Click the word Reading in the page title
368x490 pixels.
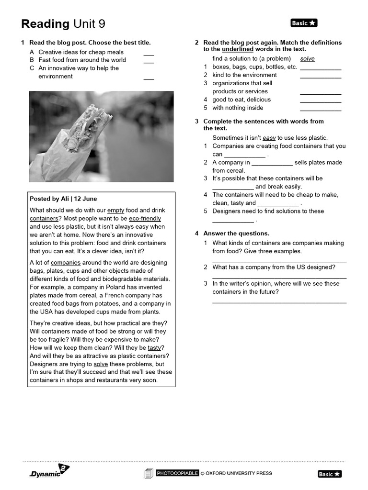46,24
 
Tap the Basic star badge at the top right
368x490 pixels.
304,23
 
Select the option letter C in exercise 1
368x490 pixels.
32,68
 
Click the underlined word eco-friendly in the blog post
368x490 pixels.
145,218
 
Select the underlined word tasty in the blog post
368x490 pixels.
154,347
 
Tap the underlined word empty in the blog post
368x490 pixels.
115,210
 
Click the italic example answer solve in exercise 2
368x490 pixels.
307,59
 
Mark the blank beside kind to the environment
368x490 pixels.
321,76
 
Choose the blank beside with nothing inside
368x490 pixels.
321,109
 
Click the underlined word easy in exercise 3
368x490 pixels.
269,138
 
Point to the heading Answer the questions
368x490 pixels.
236,234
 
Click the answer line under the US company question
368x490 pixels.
279,278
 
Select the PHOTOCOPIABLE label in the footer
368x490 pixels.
177,473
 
